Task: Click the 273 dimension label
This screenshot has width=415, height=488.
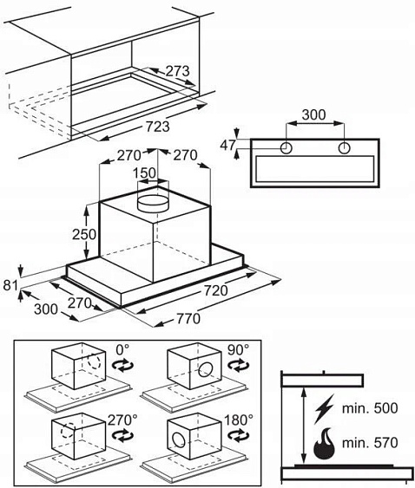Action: coord(177,71)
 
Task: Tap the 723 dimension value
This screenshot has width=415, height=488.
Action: coord(158,127)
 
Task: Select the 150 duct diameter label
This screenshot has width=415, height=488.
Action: coord(144,173)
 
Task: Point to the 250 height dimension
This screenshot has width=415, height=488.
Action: coord(84,234)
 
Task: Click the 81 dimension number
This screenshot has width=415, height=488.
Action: coord(10,285)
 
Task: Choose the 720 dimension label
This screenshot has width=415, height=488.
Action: coord(216,290)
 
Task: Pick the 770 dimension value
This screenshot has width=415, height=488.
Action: coord(188,319)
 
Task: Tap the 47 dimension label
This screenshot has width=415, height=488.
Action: coord(228,145)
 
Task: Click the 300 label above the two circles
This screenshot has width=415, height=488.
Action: coord(314,114)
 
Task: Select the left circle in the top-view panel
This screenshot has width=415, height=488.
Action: coord(286,148)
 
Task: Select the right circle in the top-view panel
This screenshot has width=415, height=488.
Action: coord(344,148)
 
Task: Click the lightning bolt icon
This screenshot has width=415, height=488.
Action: coord(324,408)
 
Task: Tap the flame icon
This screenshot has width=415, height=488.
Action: coord(324,444)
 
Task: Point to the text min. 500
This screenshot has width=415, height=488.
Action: coord(370,408)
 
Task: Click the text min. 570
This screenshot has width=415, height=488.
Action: coord(370,443)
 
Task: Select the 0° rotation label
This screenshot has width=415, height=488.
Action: coord(122,350)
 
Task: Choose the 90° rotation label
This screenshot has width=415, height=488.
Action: coord(238,350)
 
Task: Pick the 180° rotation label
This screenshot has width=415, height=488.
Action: coord(239,420)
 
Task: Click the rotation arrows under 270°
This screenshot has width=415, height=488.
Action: coord(122,435)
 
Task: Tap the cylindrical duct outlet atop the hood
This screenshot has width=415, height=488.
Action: coord(153,202)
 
